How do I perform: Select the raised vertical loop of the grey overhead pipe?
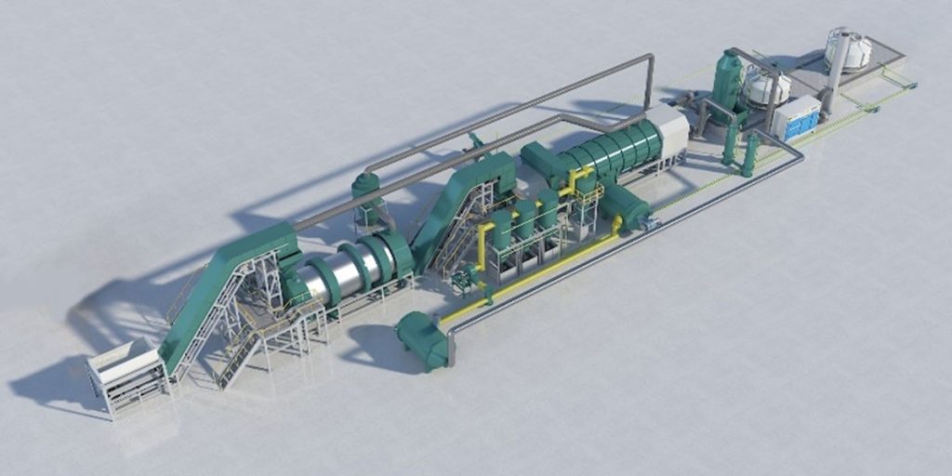pyautogui.click(x=650, y=79)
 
